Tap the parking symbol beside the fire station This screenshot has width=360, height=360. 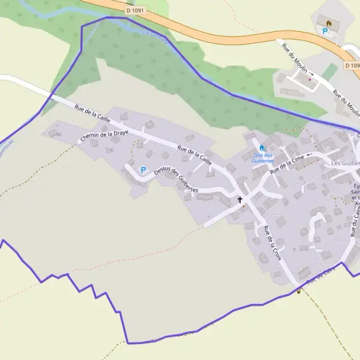click(x=325, y=31)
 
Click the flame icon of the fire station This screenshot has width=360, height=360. click(x=329, y=22)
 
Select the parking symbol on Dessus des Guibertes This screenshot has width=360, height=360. click(x=143, y=170)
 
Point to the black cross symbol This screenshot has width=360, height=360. click(x=241, y=199)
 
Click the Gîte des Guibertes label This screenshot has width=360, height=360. click(x=262, y=158)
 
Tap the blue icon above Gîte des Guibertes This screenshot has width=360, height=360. click(x=262, y=148)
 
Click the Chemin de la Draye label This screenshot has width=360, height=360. click(x=103, y=136)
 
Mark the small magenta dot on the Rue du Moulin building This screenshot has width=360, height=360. click(x=310, y=79)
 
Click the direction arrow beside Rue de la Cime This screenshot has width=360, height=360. click(x=310, y=155)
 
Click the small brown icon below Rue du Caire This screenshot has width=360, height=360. click(x=298, y=292)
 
